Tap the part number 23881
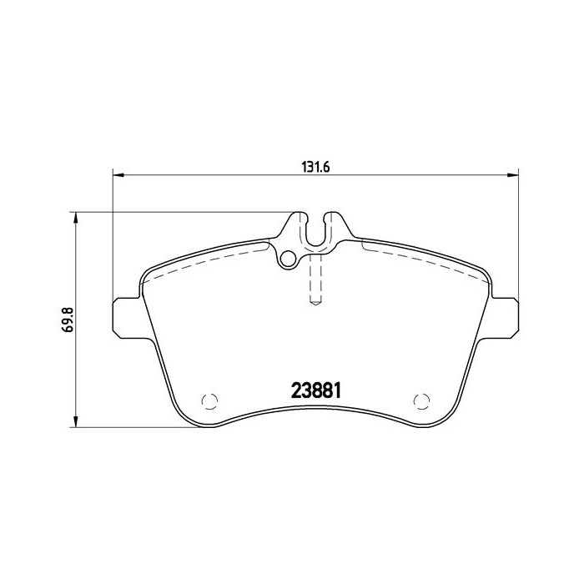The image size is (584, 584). click(x=318, y=390)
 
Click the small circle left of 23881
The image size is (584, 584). click(x=209, y=400)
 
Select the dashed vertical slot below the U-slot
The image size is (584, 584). click(x=316, y=279)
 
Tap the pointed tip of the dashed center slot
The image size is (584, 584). click(x=316, y=304)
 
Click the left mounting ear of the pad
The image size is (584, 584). click(x=125, y=318)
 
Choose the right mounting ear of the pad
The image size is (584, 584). click(x=506, y=318)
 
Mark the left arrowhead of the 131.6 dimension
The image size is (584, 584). click(x=118, y=175)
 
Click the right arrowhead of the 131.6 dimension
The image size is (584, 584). click(x=513, y=175)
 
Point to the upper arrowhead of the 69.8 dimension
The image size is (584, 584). click(x=77, y=218)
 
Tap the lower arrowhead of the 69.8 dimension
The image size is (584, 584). click(x=77, y=422)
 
